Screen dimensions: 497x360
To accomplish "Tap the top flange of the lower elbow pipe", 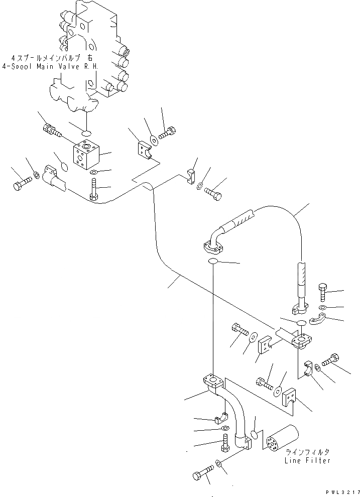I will (212, 379).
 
